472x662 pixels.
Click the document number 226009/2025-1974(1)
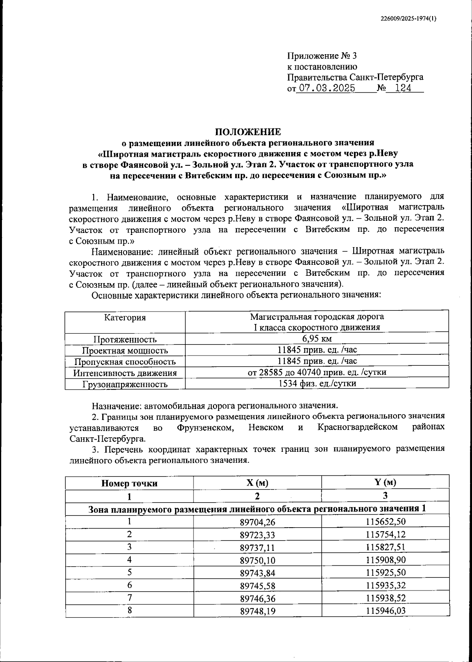409,19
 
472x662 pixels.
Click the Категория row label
125,317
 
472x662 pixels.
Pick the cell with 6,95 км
317,339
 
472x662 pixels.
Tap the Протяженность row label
125,339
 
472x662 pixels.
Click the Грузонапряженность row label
125,384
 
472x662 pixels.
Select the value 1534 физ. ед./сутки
317,383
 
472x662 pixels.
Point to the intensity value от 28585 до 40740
317,372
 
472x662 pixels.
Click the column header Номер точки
129,483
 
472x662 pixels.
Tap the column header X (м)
257,483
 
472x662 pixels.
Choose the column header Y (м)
385,482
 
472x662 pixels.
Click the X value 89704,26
257,521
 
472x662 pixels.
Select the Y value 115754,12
385,534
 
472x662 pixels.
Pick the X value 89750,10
257,559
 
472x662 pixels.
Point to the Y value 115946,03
385,611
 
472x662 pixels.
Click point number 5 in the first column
129,572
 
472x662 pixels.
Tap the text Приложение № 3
321,56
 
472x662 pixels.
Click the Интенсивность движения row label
125,373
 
